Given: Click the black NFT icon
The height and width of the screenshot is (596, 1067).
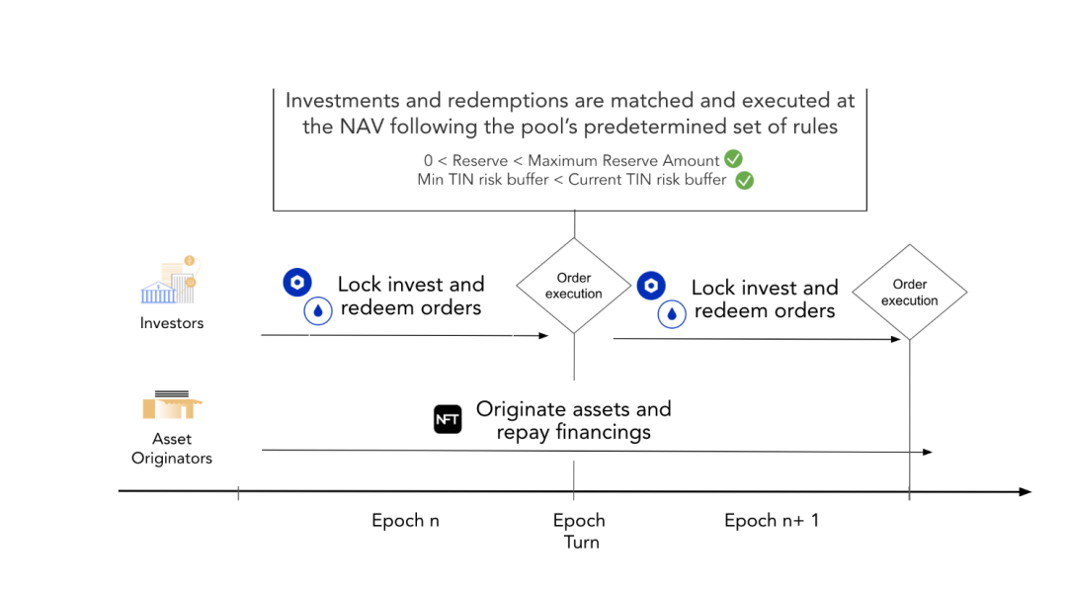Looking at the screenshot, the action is (448, 419).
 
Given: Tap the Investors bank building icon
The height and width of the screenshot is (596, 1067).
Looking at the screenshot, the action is (170, 281).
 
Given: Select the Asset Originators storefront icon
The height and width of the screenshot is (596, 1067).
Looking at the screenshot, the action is (172, 404).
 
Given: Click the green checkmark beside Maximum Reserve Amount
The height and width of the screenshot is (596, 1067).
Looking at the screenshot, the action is (733, 159).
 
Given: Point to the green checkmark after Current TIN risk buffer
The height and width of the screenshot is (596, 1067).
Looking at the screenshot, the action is (745, 181).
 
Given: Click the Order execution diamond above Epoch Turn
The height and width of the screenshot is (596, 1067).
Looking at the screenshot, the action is (574, 286).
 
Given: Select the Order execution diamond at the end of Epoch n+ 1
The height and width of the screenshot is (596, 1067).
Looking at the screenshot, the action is (909, 293).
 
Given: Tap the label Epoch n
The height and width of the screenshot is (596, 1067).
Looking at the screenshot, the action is (406, 521).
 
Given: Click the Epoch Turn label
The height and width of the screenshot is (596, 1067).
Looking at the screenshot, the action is (580, 532).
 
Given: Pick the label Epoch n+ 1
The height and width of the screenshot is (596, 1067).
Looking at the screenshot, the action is (772, 521).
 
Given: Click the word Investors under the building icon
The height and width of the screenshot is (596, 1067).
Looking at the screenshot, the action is (172, 323).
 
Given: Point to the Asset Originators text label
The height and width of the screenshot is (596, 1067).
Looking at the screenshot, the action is (172, 448).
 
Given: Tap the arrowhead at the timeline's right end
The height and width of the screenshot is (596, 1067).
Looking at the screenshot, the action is (1026, 492).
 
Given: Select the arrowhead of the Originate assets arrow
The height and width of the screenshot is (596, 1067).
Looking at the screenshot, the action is (928, 452).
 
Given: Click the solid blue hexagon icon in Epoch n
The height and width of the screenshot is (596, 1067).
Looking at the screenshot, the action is (297, 282).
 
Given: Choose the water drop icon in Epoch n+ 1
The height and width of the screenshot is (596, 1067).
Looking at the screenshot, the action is (672, 314).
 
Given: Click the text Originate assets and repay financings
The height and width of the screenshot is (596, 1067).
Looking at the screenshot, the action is (574, 420).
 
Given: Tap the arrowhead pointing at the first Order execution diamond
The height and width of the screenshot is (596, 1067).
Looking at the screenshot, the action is (543, 335).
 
